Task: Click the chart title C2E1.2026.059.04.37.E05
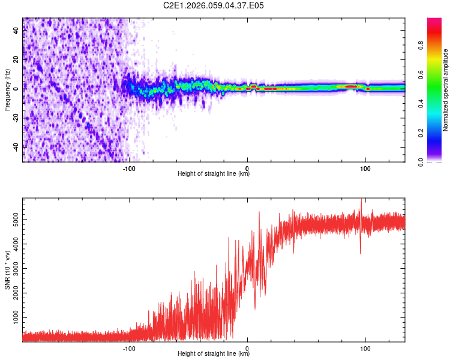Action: pyautogui.click(x=214, y=5)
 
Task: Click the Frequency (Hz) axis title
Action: pyautogui.click(x=8, y=90)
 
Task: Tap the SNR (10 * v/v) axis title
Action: pyautogui.click(x=8, y=269)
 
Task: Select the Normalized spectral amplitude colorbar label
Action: pyautogui.click(x=445, y=90)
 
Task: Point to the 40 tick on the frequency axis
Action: pyautogui.click(x=17, y=31)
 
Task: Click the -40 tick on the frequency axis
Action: pyautogui.click(x=16, y=147)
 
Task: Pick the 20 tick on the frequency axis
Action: pyautogui.click(x=17, y=59)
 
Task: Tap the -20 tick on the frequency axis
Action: pyautogui.click(x=16, y=118)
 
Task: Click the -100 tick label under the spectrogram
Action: pyautogui.click(x=128, y=168)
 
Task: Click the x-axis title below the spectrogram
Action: pyautogui.click(x=214, y=174)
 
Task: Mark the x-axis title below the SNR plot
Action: pyautogui.click(x=214, y=354)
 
